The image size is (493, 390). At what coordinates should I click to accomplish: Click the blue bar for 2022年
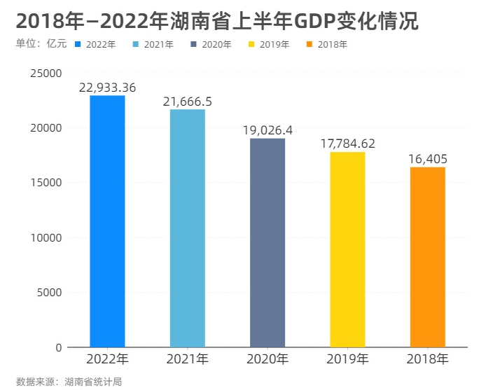(107, 221)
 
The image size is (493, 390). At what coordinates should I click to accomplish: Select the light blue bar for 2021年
(188, 228)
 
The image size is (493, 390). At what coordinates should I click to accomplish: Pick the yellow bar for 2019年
(348, 249)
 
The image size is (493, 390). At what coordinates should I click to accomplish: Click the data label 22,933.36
(107, 88)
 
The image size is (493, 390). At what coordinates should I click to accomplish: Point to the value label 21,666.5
(188, 102)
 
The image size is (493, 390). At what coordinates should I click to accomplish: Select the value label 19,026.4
(268, 130)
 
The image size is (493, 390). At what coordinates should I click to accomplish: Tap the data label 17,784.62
(348, 144)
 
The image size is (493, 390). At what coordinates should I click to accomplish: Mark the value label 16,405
(428, 159)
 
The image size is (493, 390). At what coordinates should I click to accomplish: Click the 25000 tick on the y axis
(46, 74)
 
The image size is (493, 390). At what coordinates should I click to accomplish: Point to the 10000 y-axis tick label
(46, 238)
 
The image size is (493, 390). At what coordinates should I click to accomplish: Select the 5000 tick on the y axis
(49, 293)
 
